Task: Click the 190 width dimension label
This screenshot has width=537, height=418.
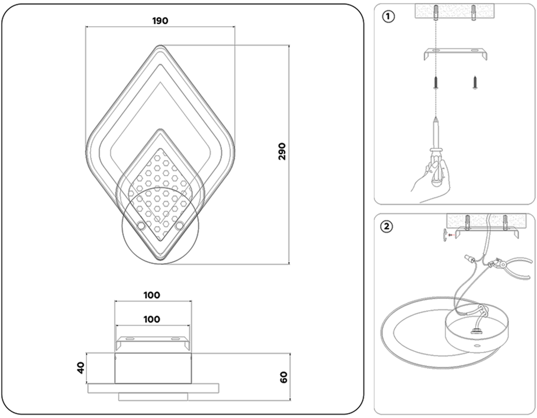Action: pos(160,21)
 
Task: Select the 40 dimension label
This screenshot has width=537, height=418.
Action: pos(81,367)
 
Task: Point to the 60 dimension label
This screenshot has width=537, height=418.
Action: pos(284,377)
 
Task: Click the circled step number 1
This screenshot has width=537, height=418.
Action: pos(388,16)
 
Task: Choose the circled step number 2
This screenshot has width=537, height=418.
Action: pos(387,226)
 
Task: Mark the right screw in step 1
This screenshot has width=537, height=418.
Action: pos(475,82)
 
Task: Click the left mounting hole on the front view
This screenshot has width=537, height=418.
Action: pos(141,226)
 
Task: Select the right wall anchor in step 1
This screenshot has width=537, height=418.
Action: pos(475,11)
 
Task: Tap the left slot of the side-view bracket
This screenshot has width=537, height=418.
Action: pos(129,339)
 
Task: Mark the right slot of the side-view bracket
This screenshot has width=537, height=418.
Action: pos(175,339)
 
